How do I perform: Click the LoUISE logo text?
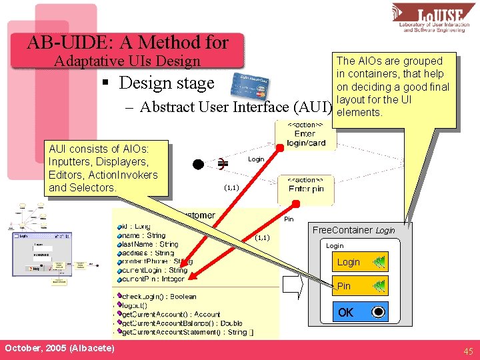[437, 14]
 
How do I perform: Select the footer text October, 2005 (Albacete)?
[59, 349]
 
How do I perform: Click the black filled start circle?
[198, 164]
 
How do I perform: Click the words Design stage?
[167, 83]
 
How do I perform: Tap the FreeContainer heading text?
[353, 230]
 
